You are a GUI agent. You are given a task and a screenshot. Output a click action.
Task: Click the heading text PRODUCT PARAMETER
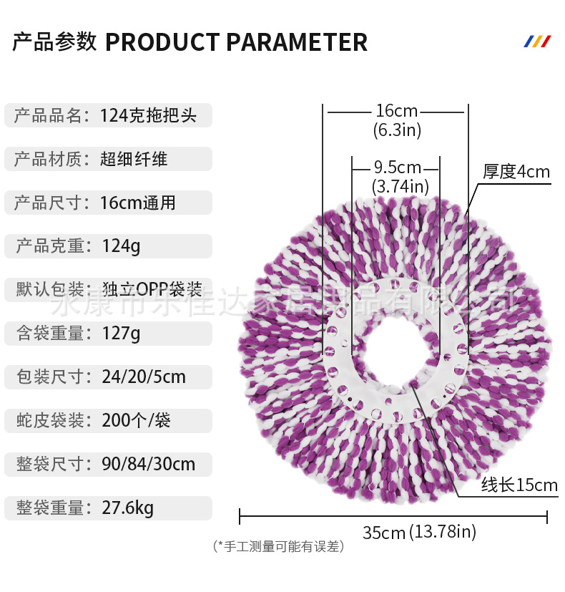tap(236, 42)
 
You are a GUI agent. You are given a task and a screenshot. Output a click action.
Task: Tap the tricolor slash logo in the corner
tap(537, 42)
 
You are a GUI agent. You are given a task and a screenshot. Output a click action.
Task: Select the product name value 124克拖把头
tap(147, 115)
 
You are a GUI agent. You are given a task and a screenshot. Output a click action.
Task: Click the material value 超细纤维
tap(134, 159)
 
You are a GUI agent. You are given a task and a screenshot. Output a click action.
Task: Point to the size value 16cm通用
tap(137, 203)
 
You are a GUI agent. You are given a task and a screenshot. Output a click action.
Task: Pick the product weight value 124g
tap(122, 246)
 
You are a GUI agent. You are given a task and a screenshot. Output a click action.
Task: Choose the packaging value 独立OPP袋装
tap(152, 290)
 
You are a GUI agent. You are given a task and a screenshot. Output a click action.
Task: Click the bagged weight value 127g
tap(122, 334)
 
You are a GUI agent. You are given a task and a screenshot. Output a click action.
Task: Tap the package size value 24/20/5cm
tap(144, 377)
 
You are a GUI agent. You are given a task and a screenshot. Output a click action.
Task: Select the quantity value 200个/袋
tap(136, 421)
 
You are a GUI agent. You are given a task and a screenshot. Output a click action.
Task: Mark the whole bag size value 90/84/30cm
tap(148, 465)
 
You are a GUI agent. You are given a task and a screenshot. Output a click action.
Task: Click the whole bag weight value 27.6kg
tap(128, 508)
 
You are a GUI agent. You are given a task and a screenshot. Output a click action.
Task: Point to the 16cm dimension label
tap(396, 112)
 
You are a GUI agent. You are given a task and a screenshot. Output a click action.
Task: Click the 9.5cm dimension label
tap(397, 168)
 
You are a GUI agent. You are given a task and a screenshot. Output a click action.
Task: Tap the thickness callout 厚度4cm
tap(516, 172)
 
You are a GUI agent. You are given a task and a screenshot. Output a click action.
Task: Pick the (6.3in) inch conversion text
tap(397, 131)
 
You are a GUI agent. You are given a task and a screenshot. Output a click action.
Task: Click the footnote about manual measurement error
tap(279, 547)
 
